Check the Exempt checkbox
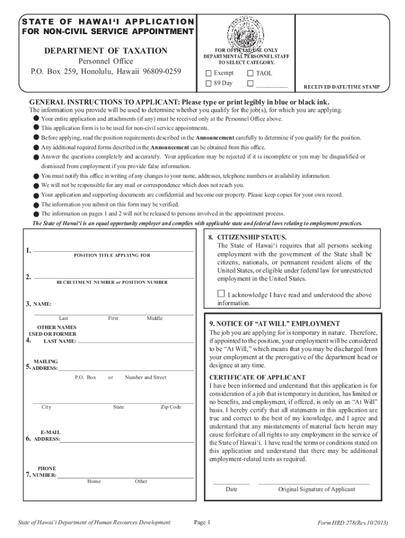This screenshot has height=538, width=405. click(x=209, y=73)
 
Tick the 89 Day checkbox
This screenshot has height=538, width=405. click(x=209, y=84)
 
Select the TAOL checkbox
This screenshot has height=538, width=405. click(x=250, y=73)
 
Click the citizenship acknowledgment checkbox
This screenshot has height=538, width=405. click(x=221, y=294)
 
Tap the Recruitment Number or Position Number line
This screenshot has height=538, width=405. click(x=113, y=277)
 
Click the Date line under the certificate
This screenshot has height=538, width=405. click(x=231, y=482)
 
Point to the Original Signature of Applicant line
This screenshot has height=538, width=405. click(x=314, y=482)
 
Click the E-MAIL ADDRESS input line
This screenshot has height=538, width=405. click(x=126, y=441)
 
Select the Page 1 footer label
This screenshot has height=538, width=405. click(x=202, y=522)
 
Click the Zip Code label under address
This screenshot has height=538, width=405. click(x=171, y=407)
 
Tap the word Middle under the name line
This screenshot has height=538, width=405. click(x=155, y=318)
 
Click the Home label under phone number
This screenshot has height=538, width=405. click(x=94, y=481)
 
